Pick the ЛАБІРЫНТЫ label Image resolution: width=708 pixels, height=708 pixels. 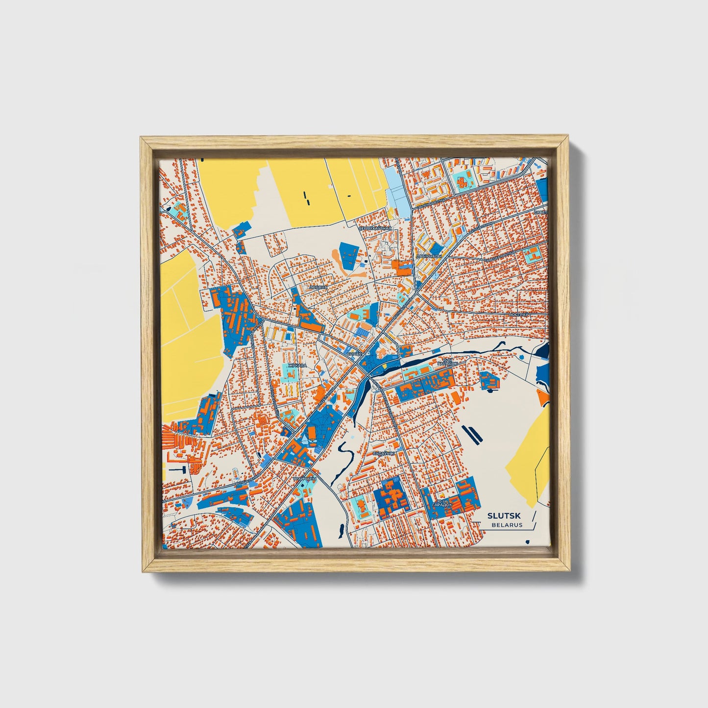pyautogui.click(x=429, y=256)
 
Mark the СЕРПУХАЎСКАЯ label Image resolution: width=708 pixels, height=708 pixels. pyautogui.click(x=376, y=228)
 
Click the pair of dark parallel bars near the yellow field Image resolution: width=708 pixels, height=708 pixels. pyautogui.click(x=471, y=433)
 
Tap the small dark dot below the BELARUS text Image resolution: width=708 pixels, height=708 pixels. pyautogui.click(x=527, y=541)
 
